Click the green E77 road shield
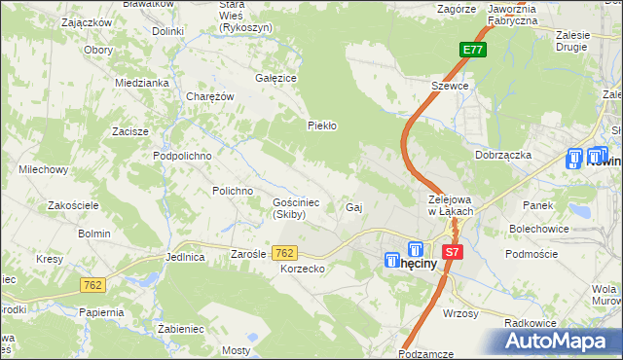[471, 51]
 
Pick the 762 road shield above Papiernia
[92, 285]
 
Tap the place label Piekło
[322, 126]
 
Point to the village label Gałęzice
[275, 78]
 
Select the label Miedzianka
[142, 84]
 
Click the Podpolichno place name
[182, 155]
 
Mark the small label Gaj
[354, 208]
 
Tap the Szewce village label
[451, 86]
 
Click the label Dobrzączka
[502, 155]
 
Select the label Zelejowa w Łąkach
[451, 204]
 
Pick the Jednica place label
[185, 258]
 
